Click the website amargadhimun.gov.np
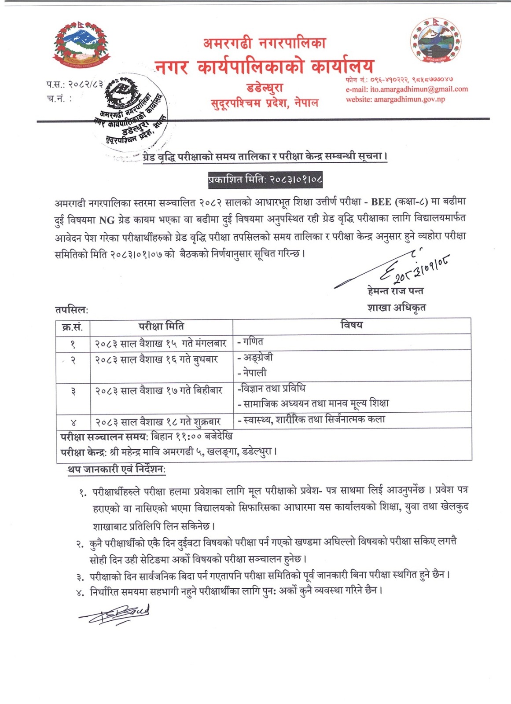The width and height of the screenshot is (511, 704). tap(409, 99)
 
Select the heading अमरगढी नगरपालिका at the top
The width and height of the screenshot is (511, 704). tap(264, 43)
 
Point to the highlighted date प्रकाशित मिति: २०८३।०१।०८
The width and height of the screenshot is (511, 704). tap(265, 180)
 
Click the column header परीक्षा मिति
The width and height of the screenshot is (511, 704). tap(161, 326)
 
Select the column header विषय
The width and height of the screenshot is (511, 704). tap(351, 325)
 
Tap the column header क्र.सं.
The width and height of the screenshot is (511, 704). tap(73, 327)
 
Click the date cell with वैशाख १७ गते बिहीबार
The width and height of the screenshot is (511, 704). tap(158, 391)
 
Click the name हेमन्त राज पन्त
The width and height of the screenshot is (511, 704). tap(396, 291)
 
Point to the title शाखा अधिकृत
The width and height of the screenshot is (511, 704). tap(396, 308)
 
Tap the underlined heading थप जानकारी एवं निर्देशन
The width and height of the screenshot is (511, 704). tap(117, 470)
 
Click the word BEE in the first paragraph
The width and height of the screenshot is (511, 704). tap(381, 202)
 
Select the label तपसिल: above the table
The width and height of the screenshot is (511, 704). tap(72, 310)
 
